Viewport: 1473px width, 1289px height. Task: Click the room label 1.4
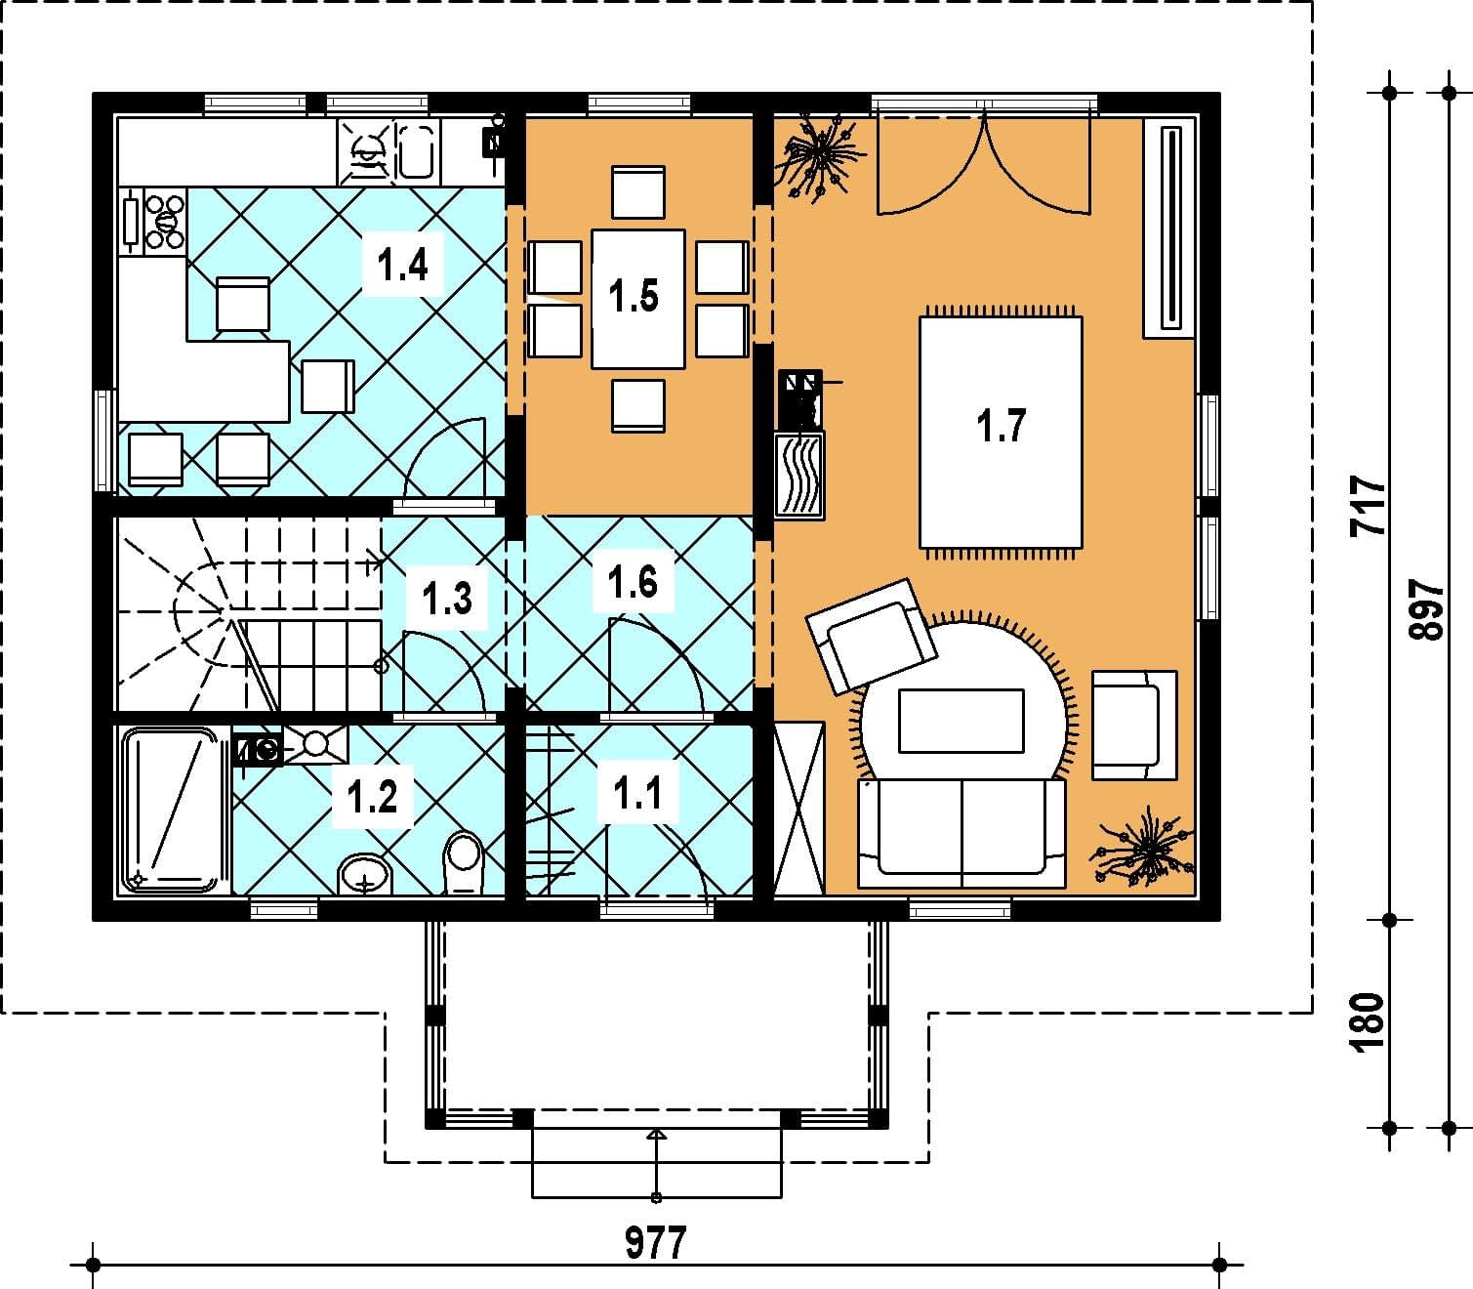(402, 265)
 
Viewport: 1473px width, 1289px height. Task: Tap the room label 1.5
(634, 296)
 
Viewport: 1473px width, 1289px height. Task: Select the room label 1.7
(1002, 425)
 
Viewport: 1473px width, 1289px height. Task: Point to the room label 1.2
(372, 797)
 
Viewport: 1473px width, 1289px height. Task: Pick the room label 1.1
(637, 793)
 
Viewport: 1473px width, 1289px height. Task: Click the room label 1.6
(633, 582)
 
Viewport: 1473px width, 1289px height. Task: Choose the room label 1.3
(447, 599)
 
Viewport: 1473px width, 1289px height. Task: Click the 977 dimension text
(655, 1243)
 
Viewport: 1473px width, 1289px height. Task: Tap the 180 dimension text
(1369, 1023)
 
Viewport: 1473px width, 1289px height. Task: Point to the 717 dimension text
(1369, 506)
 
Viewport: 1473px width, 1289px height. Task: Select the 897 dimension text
(1426, 609)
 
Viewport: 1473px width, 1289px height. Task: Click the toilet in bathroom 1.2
(464, 862)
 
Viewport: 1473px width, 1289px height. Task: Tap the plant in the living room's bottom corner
(1142, 846)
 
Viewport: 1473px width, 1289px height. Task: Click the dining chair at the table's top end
(637, 191)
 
